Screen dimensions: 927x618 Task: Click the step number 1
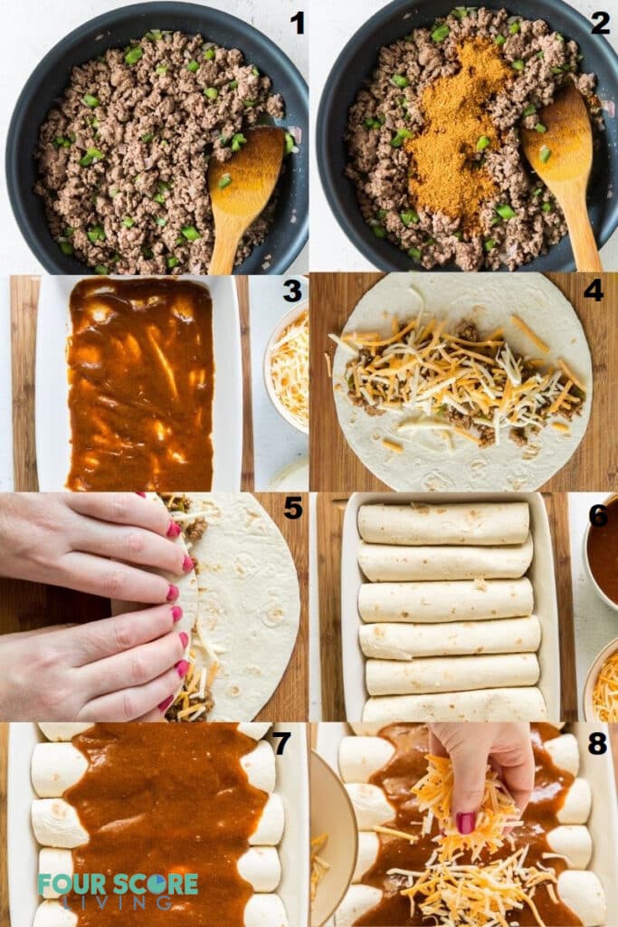(x=297, y=23)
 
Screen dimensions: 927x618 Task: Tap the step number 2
(x=600, y=23)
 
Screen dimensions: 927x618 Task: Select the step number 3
(x=291, y=291)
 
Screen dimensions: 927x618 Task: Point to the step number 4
(x=593, y=291)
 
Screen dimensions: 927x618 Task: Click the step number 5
(x=292, y=508)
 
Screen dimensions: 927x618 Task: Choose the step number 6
(x=598, y=514)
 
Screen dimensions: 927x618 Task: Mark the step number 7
(x=281, y=742)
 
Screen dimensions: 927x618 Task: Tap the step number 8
(x=597, y=742)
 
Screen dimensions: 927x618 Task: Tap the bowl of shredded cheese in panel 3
(x=290, y=367)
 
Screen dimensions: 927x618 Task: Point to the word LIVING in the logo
(x=119, y=903)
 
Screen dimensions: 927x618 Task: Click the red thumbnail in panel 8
(x=466, y=822)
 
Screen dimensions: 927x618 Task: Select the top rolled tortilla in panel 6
(x=443, y=523)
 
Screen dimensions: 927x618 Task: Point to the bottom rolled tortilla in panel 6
(x=455, y=705)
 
